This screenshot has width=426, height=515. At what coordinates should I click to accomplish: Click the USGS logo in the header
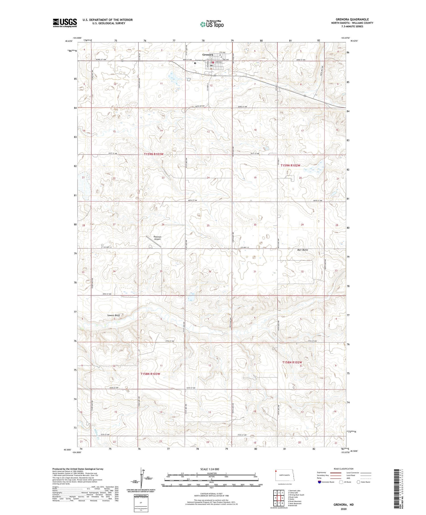point(65,23)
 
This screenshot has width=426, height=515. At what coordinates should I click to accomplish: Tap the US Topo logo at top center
point(212,24)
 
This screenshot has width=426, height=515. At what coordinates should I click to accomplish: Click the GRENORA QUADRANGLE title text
point(352,19)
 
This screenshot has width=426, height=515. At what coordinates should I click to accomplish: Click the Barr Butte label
point(302,250)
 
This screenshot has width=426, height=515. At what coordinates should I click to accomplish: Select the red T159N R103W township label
point(153,154)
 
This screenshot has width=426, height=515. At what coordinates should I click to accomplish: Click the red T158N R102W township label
point(292,362)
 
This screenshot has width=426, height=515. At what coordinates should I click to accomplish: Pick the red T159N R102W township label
point(291,165)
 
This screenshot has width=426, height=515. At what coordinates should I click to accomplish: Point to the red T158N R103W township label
point(150,374)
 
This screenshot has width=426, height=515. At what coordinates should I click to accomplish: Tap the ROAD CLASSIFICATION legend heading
point(344,469)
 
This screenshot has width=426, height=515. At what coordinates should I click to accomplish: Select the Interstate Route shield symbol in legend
point(319,482)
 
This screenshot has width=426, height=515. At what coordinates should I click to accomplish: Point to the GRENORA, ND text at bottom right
point(344,504)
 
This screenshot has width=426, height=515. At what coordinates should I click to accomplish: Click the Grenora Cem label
point(200,60)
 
